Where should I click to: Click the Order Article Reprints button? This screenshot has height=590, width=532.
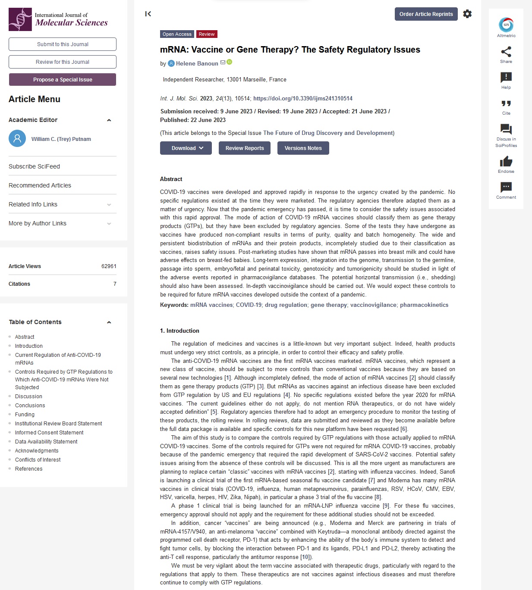(426, 14)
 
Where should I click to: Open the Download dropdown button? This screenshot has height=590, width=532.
(186, 148)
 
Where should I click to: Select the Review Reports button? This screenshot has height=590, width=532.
(244, 148)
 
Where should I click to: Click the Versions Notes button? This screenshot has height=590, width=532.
(303, 148)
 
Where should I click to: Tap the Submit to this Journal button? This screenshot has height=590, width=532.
(63, 44)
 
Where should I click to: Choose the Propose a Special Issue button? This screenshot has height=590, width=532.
(63, 80)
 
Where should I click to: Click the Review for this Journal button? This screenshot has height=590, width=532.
(63, 62)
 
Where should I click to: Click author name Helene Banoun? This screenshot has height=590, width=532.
(197, 64)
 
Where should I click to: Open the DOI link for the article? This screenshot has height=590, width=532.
(302, 99)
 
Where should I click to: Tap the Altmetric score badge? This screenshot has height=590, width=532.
(506, 25)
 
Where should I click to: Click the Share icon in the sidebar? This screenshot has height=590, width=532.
(506, 52)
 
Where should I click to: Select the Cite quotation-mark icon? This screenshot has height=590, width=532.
(506, 103)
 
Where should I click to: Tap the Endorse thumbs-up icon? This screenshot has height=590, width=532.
(506, 162)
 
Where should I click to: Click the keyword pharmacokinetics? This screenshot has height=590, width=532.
(424, 305)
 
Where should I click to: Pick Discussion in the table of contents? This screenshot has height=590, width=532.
(28, 396)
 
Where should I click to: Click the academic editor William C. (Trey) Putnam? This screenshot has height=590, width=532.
(61, 139)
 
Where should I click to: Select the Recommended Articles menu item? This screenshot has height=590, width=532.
(40, 185)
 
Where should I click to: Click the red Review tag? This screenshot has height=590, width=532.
(207, 34)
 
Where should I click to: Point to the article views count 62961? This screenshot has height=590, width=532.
(109, 266)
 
